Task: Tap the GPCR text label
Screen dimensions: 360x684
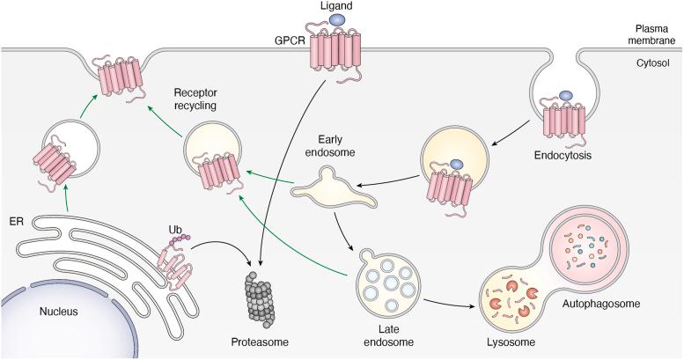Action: tap(288, 40)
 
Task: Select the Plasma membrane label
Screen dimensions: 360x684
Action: tap(650, 34)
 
